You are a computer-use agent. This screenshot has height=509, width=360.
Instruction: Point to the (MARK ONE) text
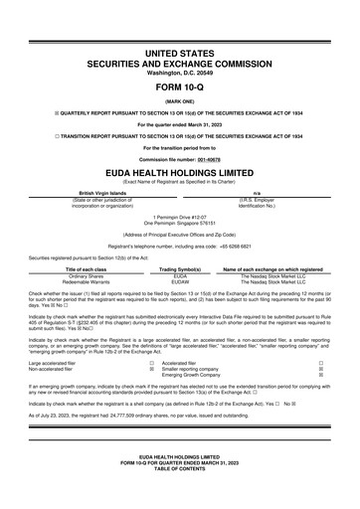179,100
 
